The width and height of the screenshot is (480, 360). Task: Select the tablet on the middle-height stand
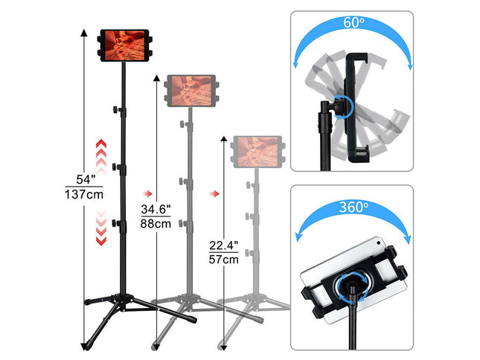[x=192, y=90]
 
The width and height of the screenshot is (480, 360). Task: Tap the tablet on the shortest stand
[x=257, y=150]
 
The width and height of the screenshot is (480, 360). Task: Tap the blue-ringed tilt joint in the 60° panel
[x=343, y=106]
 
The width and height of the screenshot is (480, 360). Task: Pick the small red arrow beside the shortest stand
[x=214, y=194]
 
